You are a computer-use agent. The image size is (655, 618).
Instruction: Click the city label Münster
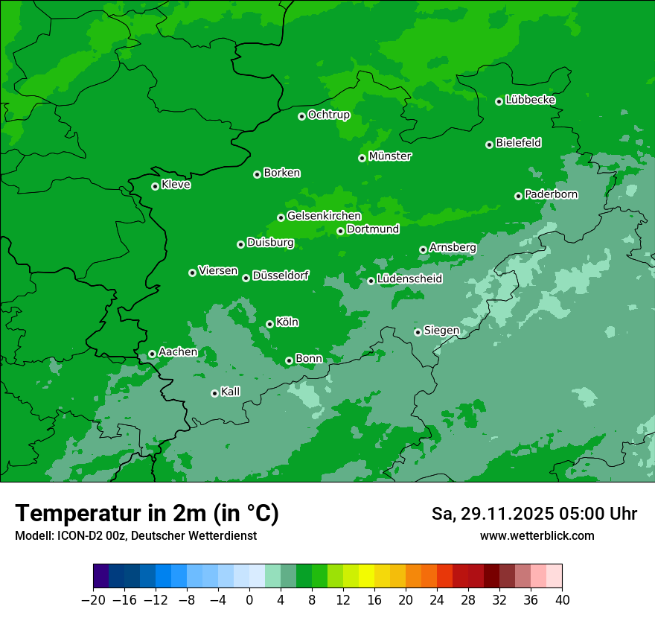[x=390, y=156]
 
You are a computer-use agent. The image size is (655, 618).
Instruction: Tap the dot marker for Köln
[x=269, y=324]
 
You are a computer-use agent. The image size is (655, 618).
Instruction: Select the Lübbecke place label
[x=530, y=100]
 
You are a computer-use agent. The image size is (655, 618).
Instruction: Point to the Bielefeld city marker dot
[x=489, y=144]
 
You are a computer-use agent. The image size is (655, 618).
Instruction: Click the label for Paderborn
[x=551, y=194]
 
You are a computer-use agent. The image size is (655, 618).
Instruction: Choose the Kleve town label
[x=176, y=185]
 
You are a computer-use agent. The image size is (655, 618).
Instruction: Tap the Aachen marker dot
[x=152, y=354]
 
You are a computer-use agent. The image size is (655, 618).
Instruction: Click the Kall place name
[x=230, y=392]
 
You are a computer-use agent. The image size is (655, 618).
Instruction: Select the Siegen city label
[x=441, y=331]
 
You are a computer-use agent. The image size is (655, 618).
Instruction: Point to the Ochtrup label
[x=328, y=115]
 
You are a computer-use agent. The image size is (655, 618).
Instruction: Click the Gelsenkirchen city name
[x=324, y=216]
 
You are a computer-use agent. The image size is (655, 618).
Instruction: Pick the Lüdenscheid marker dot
[x=371, y=281]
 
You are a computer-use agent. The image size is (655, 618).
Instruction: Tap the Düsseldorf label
[x=280, y=276]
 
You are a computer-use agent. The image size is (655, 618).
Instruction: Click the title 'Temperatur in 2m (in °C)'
[x=147, y=514]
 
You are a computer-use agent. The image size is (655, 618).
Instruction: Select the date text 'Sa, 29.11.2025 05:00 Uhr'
[x=534, y=514]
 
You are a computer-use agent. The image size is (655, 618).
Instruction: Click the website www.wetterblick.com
[x=537, y=536]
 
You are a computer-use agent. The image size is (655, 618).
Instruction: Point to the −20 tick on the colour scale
[x=93, y=600]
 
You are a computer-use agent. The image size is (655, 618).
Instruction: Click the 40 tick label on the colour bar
[x=562, y=600]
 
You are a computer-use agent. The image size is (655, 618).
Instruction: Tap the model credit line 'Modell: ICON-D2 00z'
[x=71, y=536]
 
